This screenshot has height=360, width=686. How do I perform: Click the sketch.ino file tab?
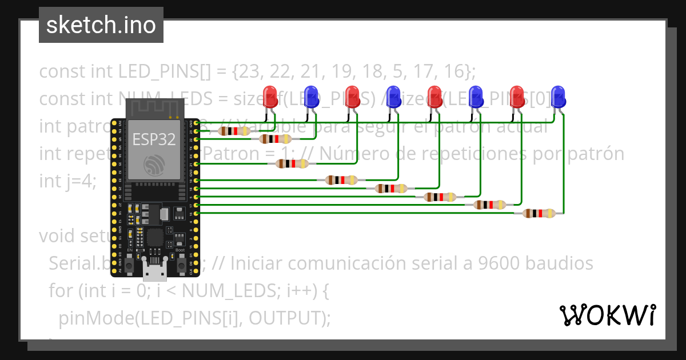(101, 25)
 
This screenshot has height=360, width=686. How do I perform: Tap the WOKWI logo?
(607, 315)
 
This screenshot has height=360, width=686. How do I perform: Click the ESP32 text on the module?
(154, 139)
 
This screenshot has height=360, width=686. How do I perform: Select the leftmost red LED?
(270, 95)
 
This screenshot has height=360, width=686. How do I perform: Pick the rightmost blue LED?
(558, 95)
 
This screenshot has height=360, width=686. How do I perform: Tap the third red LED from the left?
(434, 95)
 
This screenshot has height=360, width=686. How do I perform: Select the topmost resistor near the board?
(234, 131)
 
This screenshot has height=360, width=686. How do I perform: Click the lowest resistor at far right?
(539, 213)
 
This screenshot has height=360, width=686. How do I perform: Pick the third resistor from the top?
(292, 164)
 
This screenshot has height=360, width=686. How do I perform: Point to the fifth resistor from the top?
(391, 188)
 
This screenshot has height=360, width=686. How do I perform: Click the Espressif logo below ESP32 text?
(154, 165)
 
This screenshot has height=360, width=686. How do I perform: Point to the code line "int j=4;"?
(67, 181)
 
